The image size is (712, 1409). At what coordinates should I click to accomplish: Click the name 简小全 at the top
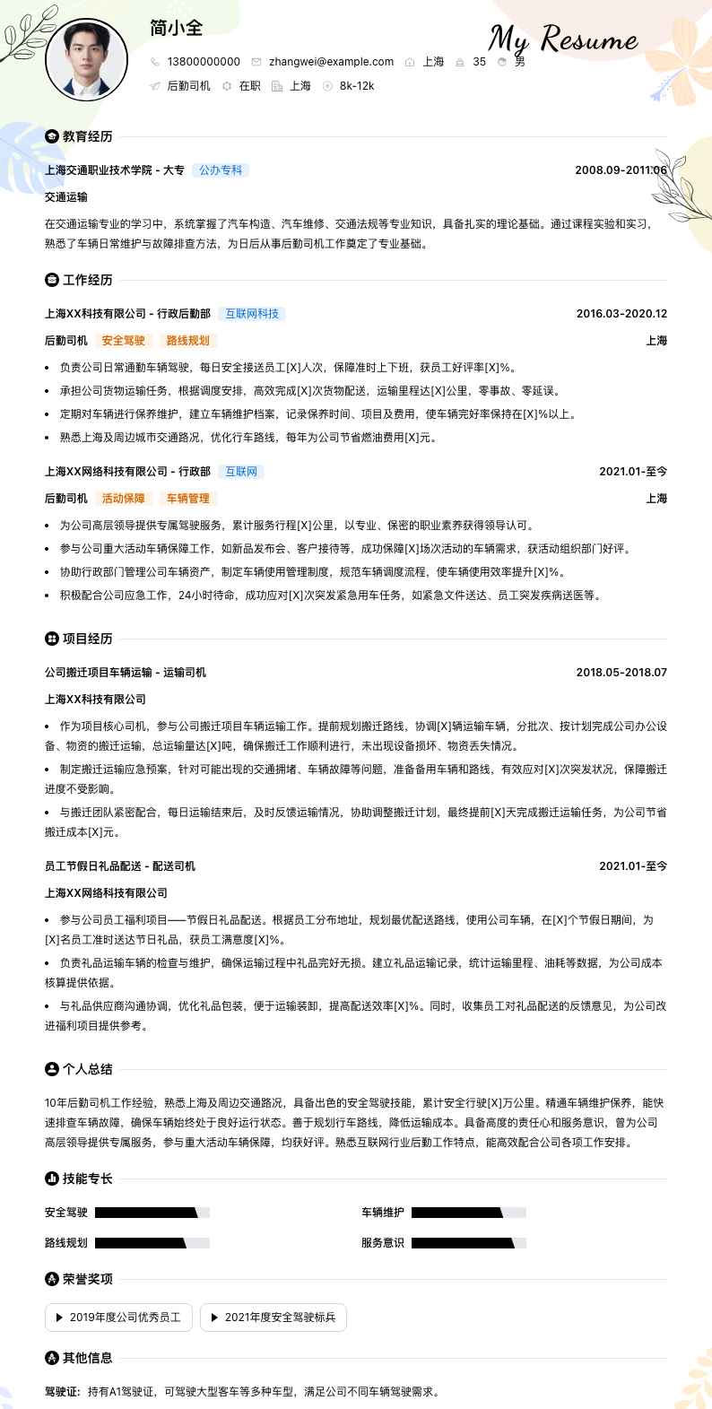(177, 28)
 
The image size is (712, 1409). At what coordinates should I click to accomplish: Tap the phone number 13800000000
(204, 62)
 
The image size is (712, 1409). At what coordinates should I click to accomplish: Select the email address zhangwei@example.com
(331, 62)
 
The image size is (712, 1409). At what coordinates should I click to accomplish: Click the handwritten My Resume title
(562, 39)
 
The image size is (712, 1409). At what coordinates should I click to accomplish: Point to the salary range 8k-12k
(357, 86)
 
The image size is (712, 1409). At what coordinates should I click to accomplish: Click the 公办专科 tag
(221, 170)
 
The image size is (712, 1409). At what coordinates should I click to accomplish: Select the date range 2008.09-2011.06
(621, 170)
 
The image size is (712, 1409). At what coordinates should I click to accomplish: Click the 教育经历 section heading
(87, 136)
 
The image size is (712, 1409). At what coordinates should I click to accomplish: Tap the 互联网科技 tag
(252, 314)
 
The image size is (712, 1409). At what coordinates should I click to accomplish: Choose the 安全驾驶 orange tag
(123, 341)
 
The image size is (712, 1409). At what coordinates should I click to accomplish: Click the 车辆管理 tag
(187, 499)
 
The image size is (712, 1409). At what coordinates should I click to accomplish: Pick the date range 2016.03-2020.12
(621, 314)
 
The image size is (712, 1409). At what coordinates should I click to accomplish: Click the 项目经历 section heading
(87, 639)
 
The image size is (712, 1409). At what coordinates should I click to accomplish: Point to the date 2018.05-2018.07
(621, 673)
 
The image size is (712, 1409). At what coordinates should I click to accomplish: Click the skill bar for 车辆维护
(468, 1213)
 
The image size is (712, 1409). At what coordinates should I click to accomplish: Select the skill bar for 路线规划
(152, 1243)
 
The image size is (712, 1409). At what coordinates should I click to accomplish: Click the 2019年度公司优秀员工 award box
(118, 1318)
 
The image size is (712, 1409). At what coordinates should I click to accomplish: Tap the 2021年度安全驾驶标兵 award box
(273, 1318)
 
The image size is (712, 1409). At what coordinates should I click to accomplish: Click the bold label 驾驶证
(62, 1392)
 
